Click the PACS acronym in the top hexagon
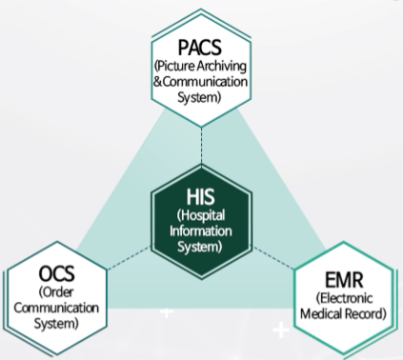(200, 46)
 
